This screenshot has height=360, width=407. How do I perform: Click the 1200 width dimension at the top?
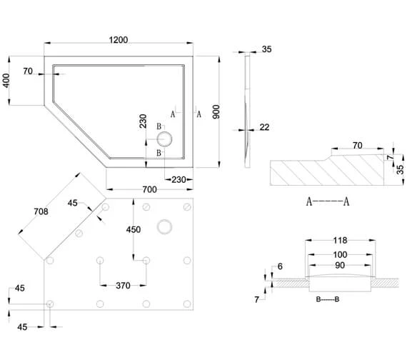coord(118,40)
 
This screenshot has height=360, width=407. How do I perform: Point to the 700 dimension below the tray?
coord(148,189)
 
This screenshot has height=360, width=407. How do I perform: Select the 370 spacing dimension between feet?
coord(123,286)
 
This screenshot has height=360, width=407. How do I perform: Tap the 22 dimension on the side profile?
coord(264,127)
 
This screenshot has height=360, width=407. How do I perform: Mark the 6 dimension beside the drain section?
coord(279,266)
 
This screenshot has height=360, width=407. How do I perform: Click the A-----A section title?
coord(328,201)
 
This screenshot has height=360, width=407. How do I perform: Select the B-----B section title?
coord(328,300)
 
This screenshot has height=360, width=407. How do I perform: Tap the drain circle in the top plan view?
coord(164,138)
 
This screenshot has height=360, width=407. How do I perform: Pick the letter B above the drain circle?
coord(159,125)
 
